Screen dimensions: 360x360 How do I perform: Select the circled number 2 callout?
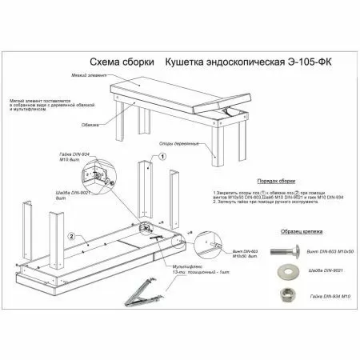click(x=72, y=236)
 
